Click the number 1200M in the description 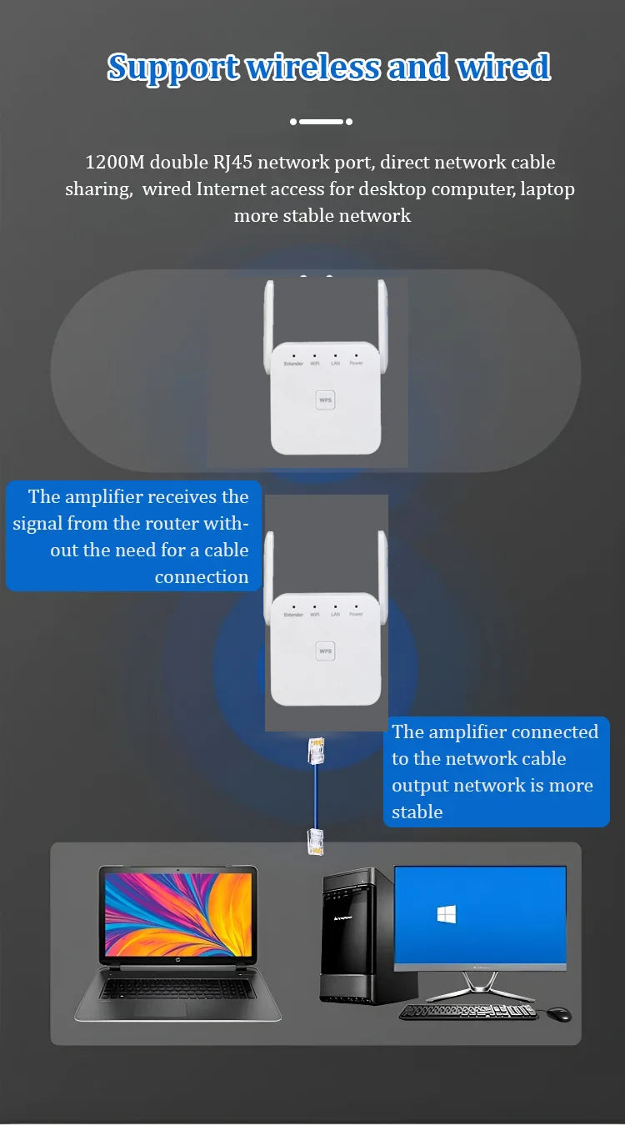pyautogui.click(x=115, y=162)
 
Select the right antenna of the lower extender pyautogui.click(x=382, y=576)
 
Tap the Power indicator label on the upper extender pyautogui.click(x=357, y=363)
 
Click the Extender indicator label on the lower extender pyautogui.click(x=293, y=615)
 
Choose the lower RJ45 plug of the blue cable pyautogui.click(x=317, y=841)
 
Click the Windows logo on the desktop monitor pyautogui.click(x=447, y=915)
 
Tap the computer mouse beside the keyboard pyautogui.click(x=559, y=1013)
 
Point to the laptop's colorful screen pyautogui.click(x=177, y=915)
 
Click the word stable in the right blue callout pyautogui.click(x=417, y=812)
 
